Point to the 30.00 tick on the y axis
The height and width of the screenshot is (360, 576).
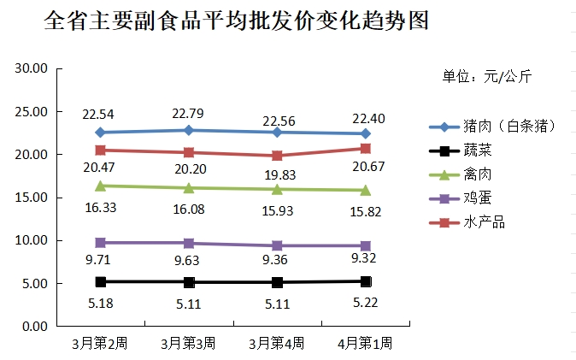click(x=30, y=68)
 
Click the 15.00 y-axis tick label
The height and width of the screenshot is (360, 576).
click(x=30, y=198)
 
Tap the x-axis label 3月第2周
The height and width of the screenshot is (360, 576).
click(x=100, y=343)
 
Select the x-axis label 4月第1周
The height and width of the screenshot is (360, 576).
click(x=365, y=343)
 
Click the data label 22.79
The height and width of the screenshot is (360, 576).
click(x=188, y=113)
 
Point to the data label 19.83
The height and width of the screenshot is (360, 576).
click(x=277, y=174)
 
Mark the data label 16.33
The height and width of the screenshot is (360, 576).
click(x=100, y=205)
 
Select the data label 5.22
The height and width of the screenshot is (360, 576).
click(x=365, y=301)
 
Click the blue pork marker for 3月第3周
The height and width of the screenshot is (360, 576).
click(x=189, y=130)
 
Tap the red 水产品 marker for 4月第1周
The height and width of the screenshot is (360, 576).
click(x=366, y=149)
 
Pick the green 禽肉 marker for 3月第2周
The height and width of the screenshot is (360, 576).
click(x=100, y=186)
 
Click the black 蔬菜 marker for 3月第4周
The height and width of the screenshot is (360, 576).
click(x=277, y=282)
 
